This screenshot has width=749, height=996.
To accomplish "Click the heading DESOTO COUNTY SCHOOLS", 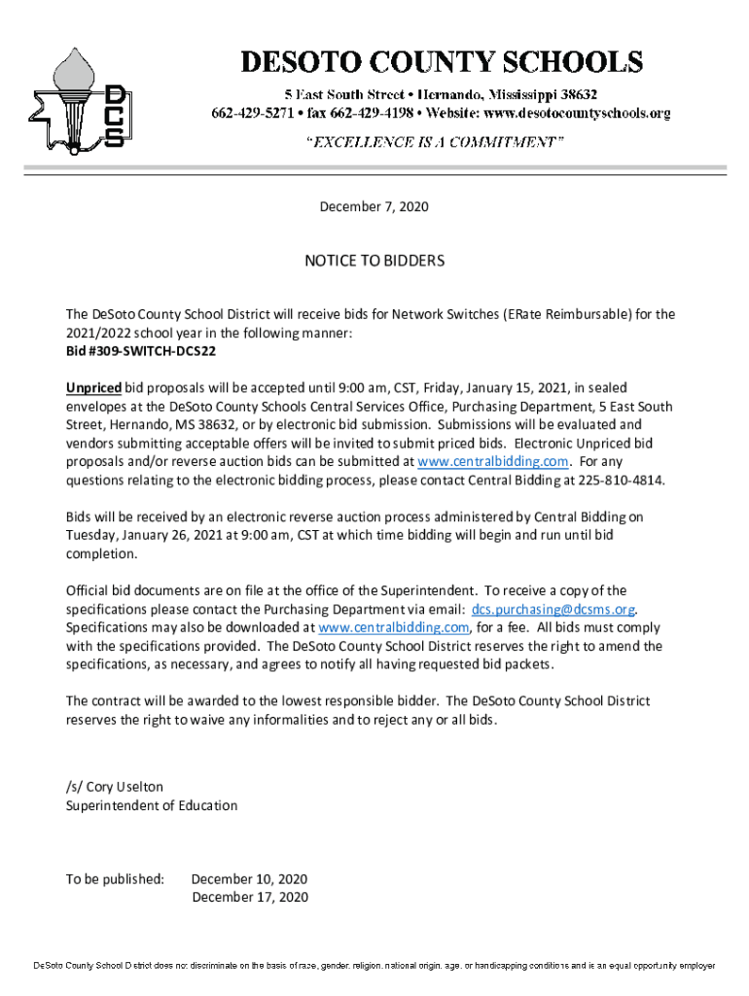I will click(x=442, y=62).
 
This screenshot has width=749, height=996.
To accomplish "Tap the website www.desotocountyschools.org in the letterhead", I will click(x=578, y=114).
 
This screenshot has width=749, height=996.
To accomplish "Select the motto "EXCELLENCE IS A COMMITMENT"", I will click(x=435, y=142).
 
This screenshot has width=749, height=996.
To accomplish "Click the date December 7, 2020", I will click(x=374, y=207).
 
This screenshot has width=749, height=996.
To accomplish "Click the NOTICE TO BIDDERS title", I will click(x=374, y=261).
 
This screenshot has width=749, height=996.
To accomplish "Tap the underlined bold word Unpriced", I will click(x=93, y=387).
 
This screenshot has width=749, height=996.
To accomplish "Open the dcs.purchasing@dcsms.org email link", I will click(x=553, y=609).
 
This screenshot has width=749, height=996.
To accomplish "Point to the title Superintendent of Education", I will click(x=151, y=805).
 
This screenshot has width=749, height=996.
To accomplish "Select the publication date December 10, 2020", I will click(x=249, y=878).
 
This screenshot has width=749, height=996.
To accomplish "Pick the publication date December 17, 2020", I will click(x=249, y=897).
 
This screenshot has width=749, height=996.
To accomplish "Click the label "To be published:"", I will click(x=115, y=878).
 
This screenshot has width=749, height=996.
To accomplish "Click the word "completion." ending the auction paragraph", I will click(x=102, y=553).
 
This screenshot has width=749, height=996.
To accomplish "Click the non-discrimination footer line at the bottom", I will click(x=374, y=966).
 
